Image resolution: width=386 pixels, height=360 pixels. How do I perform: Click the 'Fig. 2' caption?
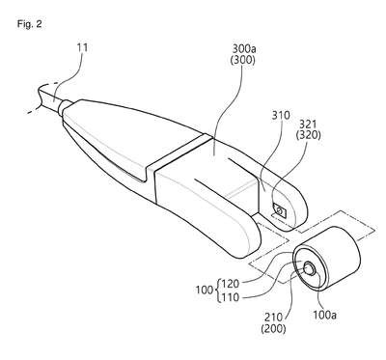30,24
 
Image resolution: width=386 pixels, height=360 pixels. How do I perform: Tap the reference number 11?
82,47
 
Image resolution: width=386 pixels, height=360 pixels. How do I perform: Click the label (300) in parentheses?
243,60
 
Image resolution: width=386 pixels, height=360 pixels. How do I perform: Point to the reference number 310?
281,115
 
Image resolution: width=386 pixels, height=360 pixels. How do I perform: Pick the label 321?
308,124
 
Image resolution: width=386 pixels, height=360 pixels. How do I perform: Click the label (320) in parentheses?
308,135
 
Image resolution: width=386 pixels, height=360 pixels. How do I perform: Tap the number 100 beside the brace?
205,291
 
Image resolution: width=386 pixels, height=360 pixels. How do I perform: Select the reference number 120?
230,284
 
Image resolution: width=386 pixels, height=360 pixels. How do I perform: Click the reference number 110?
230,297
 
